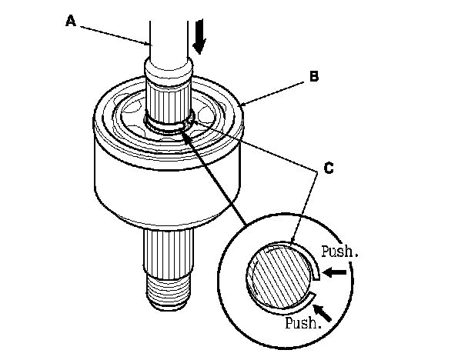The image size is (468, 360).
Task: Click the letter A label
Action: pos(71,22)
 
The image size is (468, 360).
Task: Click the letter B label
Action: pos(313,76)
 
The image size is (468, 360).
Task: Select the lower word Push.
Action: pos(302,322)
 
